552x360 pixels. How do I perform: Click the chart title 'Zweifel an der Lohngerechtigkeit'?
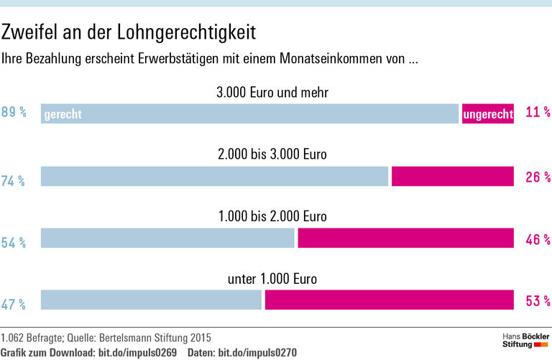point(129,32)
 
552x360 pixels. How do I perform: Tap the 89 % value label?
point(14,113)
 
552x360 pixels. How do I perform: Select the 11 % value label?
point(538,113)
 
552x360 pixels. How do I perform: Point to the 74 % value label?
point(14,182)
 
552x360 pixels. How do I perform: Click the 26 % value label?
point(538,177)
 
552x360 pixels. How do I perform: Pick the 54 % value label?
point(14,244)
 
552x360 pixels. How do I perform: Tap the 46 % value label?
point(538,239)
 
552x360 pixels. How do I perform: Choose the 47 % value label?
point(14,305)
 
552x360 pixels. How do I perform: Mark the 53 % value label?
point(538,301)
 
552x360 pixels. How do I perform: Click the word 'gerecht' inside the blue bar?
point(63,114)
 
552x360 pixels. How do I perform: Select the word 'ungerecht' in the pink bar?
point(489,114)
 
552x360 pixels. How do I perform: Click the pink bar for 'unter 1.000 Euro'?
point(389,300)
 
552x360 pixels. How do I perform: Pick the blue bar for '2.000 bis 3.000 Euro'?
point(214,177)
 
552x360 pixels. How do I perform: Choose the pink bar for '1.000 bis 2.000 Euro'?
point(405,239)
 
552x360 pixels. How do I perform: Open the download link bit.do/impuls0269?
point(137,352)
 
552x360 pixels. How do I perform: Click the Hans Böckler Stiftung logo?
point(525,341)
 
